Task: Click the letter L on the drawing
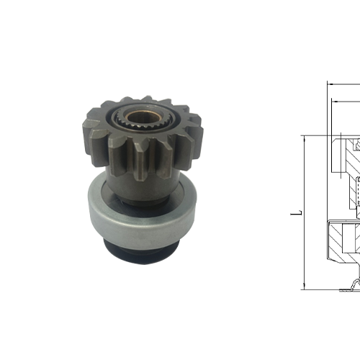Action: (x=295, y=214)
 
